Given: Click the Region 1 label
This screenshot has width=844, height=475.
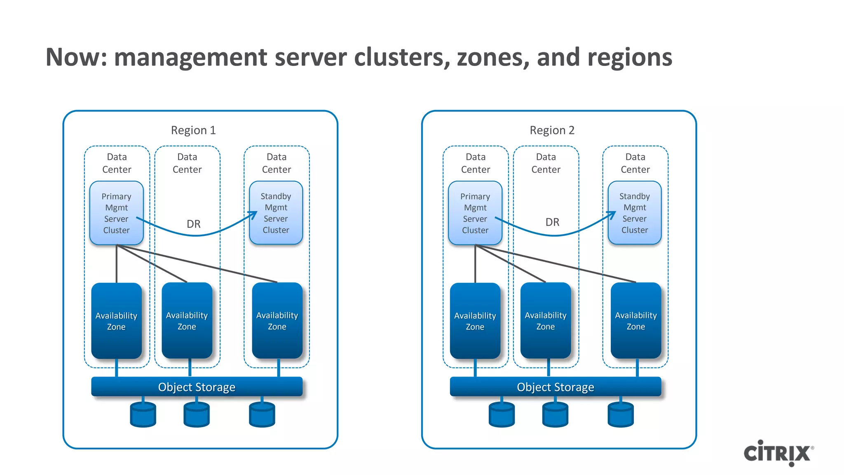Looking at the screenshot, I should tap(193, 130).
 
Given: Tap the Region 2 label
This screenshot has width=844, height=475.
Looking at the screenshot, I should tap(552, 130).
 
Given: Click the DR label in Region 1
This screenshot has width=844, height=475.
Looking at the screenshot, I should tap(194, 224).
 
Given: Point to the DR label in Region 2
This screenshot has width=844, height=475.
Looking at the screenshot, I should tap(552, 222).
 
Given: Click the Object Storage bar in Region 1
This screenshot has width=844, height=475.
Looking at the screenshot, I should tap(197, 387).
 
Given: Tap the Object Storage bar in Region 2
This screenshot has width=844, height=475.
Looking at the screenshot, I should tap(555, 387).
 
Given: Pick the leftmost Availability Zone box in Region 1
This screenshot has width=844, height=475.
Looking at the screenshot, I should tap(116, 321).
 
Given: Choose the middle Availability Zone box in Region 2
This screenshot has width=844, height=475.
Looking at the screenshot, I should tap(545, 321).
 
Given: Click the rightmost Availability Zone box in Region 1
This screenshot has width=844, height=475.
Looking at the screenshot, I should tap(277, 321).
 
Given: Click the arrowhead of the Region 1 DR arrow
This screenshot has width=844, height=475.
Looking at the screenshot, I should tap(253, 215).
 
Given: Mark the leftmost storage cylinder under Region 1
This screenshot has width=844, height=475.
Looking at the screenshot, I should tap(143, 414).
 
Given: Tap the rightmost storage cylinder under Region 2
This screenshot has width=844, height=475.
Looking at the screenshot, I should tap(621, 414).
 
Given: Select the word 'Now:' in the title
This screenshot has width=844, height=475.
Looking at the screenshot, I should tap(77, 57).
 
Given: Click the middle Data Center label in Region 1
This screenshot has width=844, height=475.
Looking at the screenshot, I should tap(187, 163).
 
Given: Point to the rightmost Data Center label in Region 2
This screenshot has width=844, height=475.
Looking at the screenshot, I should tap(635, 163).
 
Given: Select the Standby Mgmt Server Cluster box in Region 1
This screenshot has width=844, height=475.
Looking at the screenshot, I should tap(276, 213).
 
